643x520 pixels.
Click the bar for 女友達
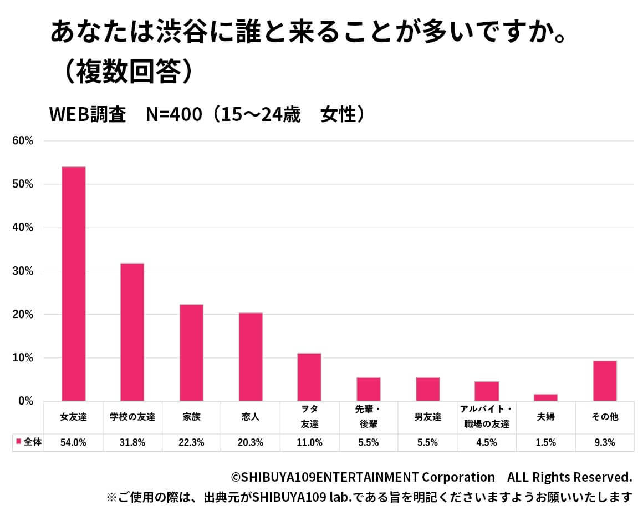click(73, 284)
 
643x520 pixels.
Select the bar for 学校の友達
click(132, 332)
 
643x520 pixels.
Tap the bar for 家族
click(191, 352)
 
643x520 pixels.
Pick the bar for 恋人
click(251, 357)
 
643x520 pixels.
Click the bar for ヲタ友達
click(309, 377)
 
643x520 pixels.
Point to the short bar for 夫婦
click(545, 397)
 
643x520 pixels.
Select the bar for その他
click(605, 381)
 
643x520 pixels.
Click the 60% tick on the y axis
click(23, 141)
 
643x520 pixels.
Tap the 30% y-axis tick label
click(23, 271)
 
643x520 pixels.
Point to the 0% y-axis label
click(25, 401)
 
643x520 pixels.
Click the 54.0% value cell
click(73, 442)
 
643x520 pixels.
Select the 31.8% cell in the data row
click(132, 442)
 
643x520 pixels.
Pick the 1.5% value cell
click(545, 442)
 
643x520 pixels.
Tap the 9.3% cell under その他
click(605, 442)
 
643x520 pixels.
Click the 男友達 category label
click(427, 417)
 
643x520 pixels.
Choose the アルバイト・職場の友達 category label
click(487, 417)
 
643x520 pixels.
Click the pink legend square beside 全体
click(18, 442)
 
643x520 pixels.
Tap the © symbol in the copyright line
click(236, 477)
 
